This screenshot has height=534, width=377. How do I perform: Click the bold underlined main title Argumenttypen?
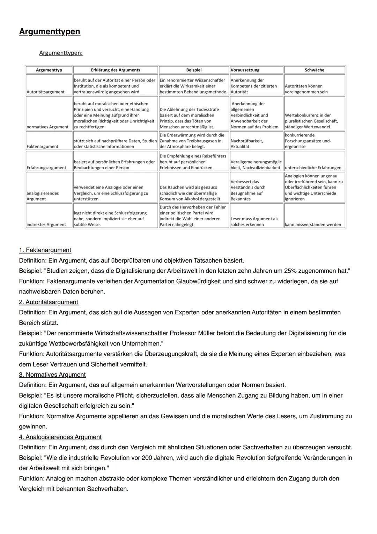pos(50,31)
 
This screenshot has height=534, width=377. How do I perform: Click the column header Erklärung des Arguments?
pos(115,70)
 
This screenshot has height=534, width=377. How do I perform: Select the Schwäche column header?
pos(314,70)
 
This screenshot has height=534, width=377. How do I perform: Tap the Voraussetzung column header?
pos(245,70)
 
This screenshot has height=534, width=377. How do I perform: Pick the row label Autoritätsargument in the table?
pos(45,92)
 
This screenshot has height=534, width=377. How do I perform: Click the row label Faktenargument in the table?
pos(43,147)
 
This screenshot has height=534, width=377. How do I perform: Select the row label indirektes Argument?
pos(46,225)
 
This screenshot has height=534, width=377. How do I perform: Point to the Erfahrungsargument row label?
pos(46,168)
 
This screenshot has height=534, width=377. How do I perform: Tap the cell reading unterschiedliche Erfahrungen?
pos(313,168)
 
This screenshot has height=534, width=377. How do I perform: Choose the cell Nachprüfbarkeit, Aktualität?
pos(247,143)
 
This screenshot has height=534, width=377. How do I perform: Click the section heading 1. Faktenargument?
pos(45,250)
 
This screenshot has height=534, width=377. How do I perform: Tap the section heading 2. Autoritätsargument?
pos(49,302)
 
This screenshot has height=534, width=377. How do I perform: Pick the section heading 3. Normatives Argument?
pos(52,375)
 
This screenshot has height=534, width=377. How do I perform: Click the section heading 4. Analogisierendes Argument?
pos(60,437)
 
